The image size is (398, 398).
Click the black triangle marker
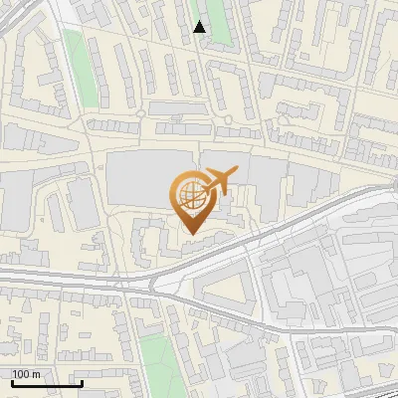[x=200, y=27]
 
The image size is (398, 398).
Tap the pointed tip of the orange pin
[x=190, y=236]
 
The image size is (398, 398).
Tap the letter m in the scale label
[x=38, y=374]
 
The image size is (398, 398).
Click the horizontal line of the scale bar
[x=47, y=383]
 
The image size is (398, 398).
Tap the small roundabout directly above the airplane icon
[x=228, y=120]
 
